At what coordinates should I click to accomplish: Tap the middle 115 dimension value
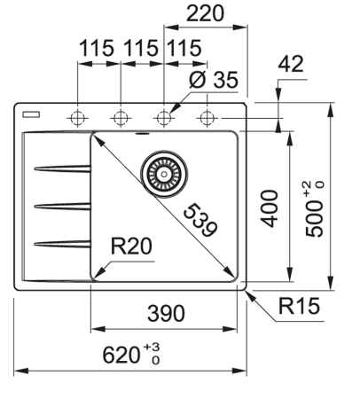[x=141, y=50]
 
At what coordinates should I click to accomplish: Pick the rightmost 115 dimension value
[x=184, y=50]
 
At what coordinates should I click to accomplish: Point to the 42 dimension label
[x=290, y=63]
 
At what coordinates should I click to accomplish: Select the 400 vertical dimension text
[x=270, y=207]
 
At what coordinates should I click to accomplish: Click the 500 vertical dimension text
[x=315, y=212]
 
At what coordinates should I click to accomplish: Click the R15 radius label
[x=298, y=307]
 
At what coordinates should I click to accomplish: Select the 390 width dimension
[x=166, y=313]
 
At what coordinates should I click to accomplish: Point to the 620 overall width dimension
[x=128, y=356]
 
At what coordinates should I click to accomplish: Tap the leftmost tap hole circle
[x=78, y=116]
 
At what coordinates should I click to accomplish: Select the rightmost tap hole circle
[x=207, y=116]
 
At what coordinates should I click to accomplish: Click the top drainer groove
[x=60, y=168]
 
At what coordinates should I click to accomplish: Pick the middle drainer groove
[x=60, y=206]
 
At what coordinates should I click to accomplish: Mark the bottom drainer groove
[x=60, y=243]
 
